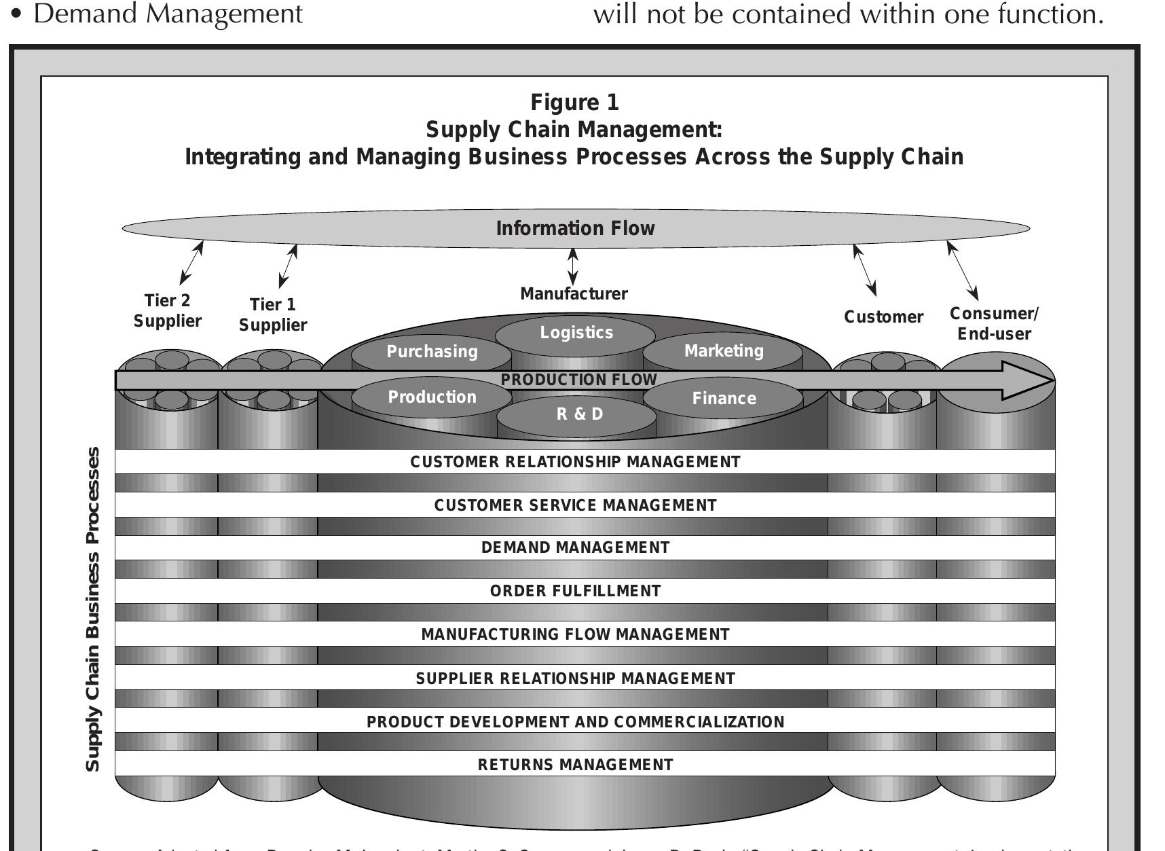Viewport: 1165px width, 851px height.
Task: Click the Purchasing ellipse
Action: click(432, 352)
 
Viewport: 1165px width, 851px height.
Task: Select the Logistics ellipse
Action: click(576, 333)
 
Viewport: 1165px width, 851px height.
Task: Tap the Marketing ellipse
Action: click(724, 351)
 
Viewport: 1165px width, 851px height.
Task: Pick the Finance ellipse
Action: click(724, 399)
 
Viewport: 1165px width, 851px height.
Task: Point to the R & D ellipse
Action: click(578, 414)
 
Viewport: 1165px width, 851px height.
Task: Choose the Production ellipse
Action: click(432, 397)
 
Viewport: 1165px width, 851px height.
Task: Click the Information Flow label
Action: click(575, 228)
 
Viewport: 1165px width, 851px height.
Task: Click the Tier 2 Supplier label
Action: click(167, 310)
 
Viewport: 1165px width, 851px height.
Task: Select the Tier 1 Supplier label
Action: click(272, 314)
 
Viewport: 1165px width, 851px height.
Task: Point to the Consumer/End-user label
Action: click(994, 323)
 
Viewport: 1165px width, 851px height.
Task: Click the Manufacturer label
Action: click(574, 294)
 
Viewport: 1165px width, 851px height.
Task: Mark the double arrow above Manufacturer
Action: click(573, 266)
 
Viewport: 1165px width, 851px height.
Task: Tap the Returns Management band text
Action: click(575, 765)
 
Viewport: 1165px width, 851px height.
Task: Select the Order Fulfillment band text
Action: click(575, 591)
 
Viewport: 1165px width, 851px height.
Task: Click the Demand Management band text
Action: click(575, 547)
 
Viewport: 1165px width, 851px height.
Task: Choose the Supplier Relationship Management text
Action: click(575, 678)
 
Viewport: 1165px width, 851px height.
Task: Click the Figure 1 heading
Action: click(574, 103)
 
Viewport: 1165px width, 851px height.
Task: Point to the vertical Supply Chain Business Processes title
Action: click(93, 609)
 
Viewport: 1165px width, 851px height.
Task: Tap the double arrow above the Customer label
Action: click(865, 270)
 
